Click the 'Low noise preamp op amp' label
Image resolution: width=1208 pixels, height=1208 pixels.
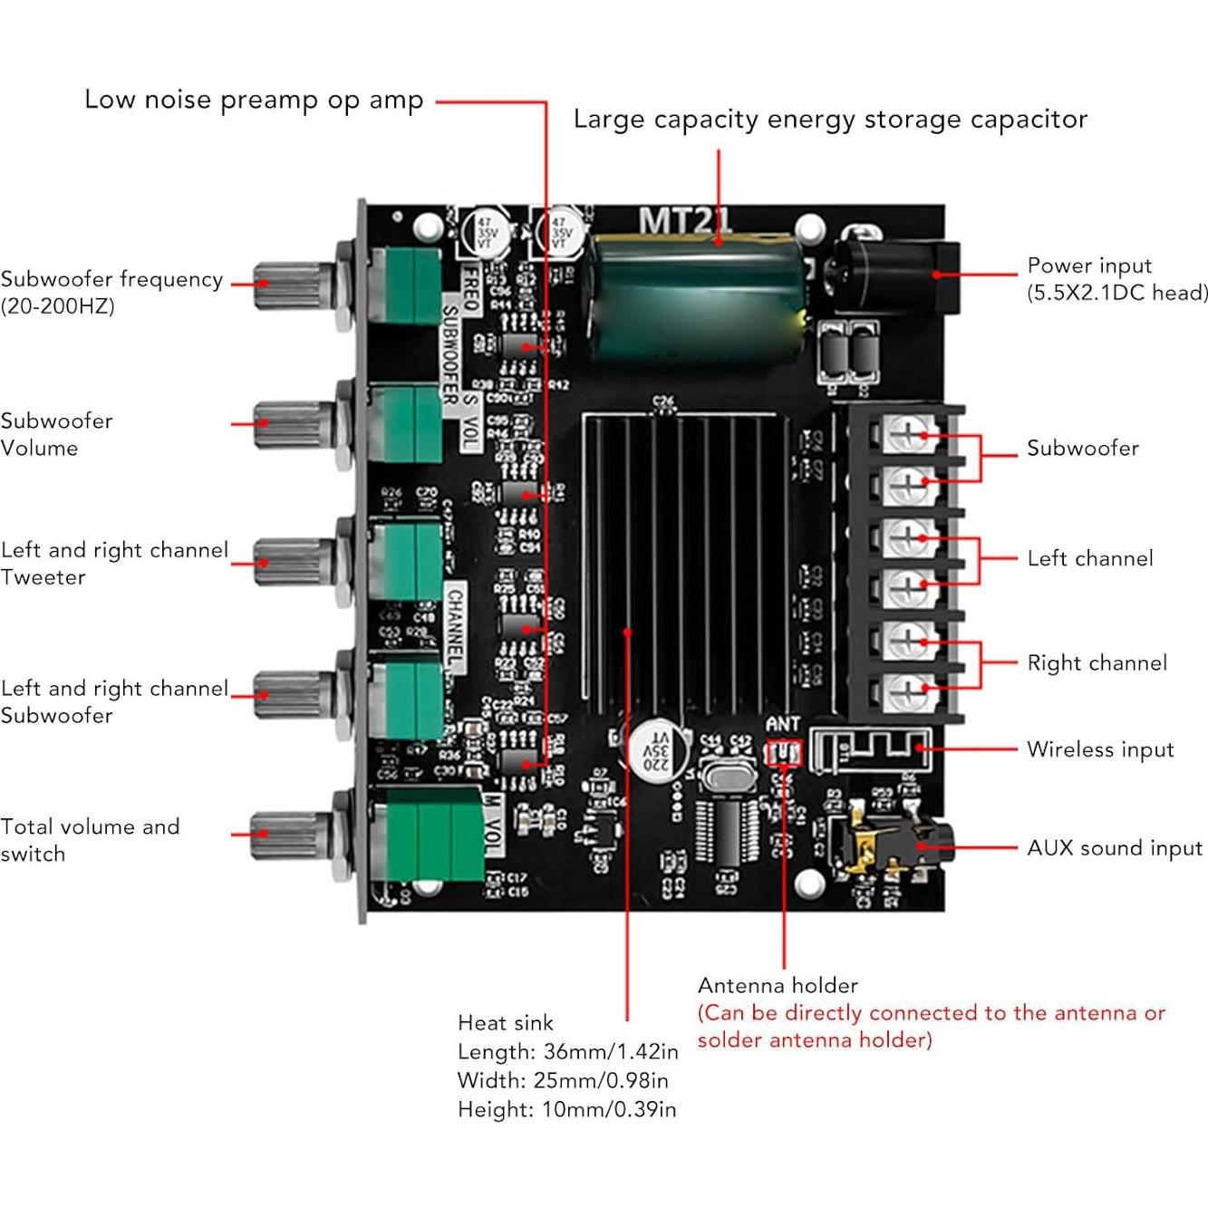(254, 100)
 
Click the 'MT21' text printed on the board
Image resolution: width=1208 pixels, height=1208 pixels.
(684, 220)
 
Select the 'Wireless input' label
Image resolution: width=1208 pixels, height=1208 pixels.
(1099, 749)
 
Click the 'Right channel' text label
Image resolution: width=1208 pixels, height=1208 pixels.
(1097, 662)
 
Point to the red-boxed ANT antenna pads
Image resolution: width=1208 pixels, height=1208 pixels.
(784, 752)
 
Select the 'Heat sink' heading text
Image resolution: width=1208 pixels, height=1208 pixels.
(505, 1023)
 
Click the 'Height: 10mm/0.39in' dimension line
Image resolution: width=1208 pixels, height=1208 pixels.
(566, 1109)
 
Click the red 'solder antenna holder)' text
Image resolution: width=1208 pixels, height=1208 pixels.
(814, 1040)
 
